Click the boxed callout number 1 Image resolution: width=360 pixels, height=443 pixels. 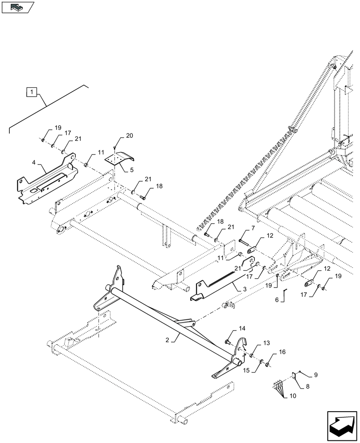tap(31, 92)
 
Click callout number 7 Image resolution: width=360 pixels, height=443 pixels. tap(253, 228)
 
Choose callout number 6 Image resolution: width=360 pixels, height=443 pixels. tap(277, 300)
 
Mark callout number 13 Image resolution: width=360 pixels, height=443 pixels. tap(266, 343)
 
